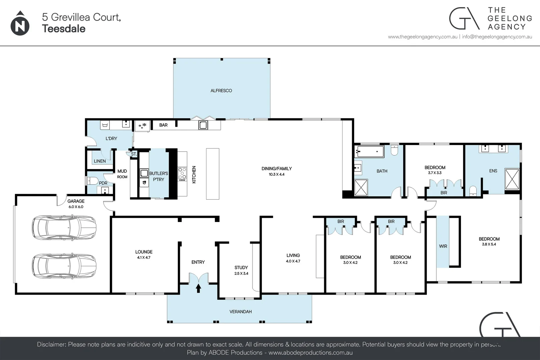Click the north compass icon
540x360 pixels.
tap(20, 24)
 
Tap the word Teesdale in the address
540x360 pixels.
tap(64, 29)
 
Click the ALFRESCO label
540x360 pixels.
tap(221, 91)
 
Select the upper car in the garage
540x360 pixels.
tap(64, 227)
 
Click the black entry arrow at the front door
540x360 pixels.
tap(198, 288)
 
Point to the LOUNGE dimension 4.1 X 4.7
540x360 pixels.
tap(144, 258)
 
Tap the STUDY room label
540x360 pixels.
tap(241, 267)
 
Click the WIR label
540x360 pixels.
tap(443, 246)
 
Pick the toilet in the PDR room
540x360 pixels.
tap(92, 181)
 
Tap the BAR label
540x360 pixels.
tap(163, 125)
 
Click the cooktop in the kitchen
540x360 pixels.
tap(182, 174)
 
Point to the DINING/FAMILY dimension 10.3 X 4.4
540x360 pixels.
tap(277, 174)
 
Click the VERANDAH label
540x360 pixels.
tap(240, 312)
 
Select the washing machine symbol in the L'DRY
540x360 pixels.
tap(105, 125)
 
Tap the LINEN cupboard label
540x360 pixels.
tap(100, 161)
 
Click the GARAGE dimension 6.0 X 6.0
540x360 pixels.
tap(76, 207)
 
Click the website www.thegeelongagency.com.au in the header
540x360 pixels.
tap(422, 37)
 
